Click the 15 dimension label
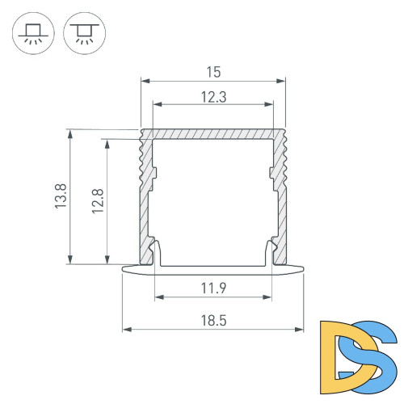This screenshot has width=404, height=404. (213, 71)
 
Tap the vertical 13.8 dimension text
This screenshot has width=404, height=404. (61, 196)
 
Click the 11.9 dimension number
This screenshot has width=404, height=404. (213, 286)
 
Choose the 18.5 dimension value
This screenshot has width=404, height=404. (213, 320)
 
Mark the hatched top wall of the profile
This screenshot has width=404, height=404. (213, 135)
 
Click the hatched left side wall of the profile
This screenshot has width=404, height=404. (146, 202)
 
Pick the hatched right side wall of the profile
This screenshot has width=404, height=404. (280, 202)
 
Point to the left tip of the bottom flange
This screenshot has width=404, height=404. (124, 268)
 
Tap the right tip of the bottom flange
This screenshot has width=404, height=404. (303, 268)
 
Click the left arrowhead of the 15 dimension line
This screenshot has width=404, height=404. (145, 81)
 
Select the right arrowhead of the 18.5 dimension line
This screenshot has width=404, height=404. (301, 330)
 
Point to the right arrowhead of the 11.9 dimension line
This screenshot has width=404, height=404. (269, 297)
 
